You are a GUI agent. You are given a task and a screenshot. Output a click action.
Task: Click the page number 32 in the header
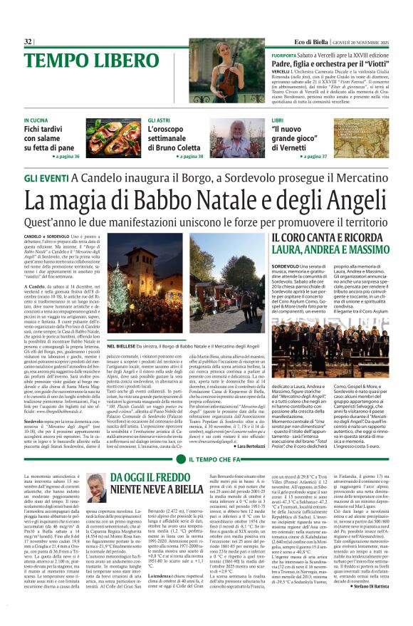pos(28,42)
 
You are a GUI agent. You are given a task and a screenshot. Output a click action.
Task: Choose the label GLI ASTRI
pos(159,121)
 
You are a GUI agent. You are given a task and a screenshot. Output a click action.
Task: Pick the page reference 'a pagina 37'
pos(313,156)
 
